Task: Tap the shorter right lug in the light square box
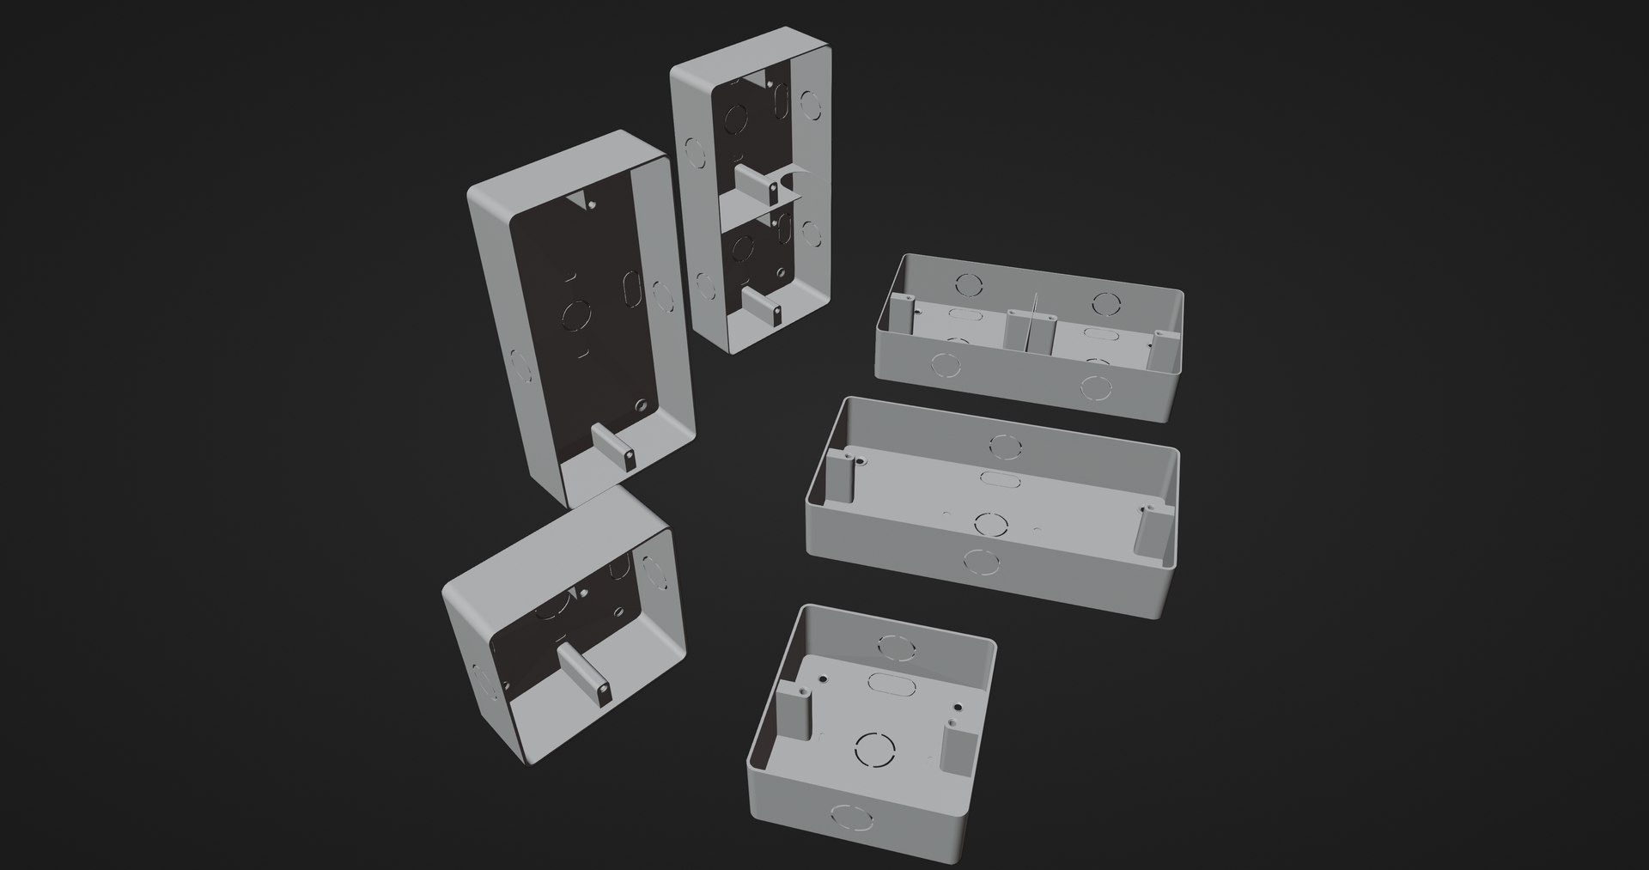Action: tap(954, 745)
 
